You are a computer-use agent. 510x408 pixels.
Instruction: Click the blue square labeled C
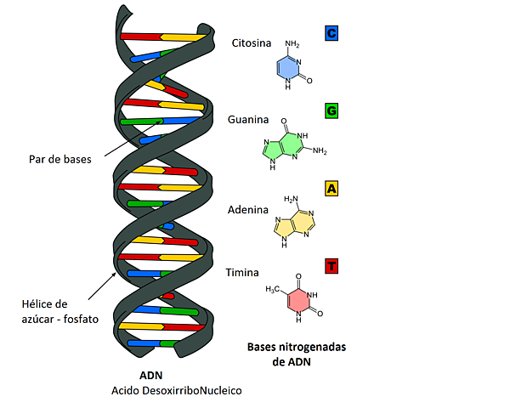pyautogui.click(x=331, y=33)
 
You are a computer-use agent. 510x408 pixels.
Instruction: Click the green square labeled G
pyautogui.click(x=331, y=110)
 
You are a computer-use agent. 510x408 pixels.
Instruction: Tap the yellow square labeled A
pyautogui.click(x=331, y=188)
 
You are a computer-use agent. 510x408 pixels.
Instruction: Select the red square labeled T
pyautogui.click(x=331, y=266)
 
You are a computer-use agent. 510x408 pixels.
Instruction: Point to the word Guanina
pyautogui.click(x=249, y=120)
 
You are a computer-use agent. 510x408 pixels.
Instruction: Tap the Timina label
pyautogui.click(x=242, y=273)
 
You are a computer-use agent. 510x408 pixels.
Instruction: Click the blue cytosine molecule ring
pyautogui.click(x=288, y=71)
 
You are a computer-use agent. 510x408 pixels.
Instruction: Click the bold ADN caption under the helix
pyautogui.click(x=150, y=375)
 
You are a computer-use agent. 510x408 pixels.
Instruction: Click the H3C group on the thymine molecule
pyautogui.click(x=272, y=289)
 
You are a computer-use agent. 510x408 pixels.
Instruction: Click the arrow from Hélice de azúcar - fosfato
pyautogui.click(x=100, y=286)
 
